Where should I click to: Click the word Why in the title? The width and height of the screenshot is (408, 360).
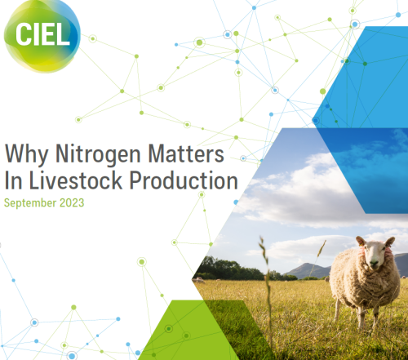click(x=23, y=153)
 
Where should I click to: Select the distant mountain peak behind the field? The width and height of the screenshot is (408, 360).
click(x=303, y=265)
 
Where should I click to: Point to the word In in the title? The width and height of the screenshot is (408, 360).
click(x=14, y=180)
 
